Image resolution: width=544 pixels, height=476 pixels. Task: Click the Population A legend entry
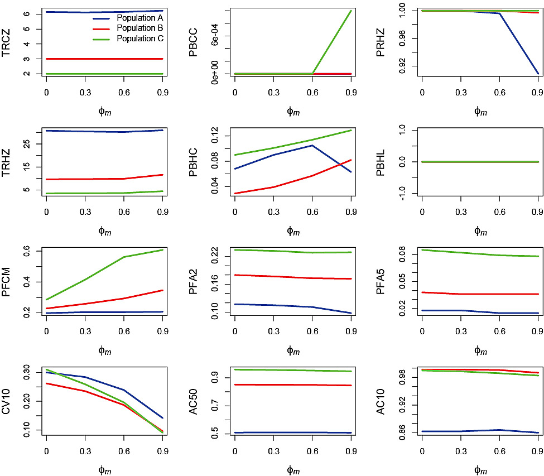pyautogui.click(x=139, y=18)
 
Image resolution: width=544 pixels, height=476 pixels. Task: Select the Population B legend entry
pyautogui.click(x=139, y=28)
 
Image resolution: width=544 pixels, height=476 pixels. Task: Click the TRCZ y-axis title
pyautogui.click(x=7, y=42)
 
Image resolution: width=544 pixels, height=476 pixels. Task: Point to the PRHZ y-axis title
pyautogui.click(x=381, y=42)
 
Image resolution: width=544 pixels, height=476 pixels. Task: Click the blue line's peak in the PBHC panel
pyautogui.click(x=312, y=145)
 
